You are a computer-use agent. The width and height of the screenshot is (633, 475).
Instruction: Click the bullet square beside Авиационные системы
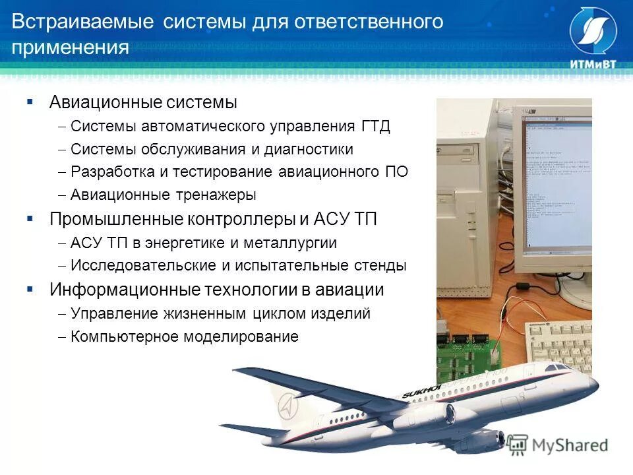tap(30, 102)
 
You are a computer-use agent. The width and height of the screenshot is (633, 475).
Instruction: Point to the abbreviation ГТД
tap(376, 126)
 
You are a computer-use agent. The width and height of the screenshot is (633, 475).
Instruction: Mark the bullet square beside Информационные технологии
tap(30, 290)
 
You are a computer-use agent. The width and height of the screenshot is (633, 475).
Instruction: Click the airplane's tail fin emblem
tap(287, 406)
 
